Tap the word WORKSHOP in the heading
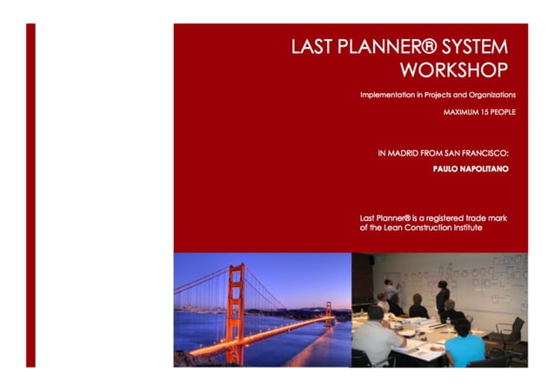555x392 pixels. (454, 69)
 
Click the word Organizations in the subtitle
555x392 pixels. (488, 94)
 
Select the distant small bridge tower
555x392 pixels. (329, 309)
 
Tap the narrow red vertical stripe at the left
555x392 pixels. (31, 196)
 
